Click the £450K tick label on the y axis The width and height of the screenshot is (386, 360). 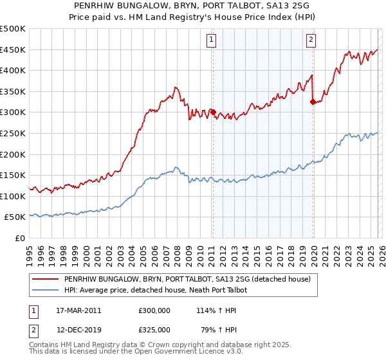pyautogui.click(x=13, y=50)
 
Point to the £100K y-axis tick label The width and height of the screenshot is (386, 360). pyautogui.click(x=13, y=196)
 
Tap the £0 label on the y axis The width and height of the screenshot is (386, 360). pyautogui.click(x=19, y=238)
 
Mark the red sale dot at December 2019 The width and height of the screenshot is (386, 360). pyautogui.click(x=313, y=102)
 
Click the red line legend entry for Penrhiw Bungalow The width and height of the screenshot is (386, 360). pyautogui.click(x=187, y=279)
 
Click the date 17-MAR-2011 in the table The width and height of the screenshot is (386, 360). pyautogui.click(x=78, y=310)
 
